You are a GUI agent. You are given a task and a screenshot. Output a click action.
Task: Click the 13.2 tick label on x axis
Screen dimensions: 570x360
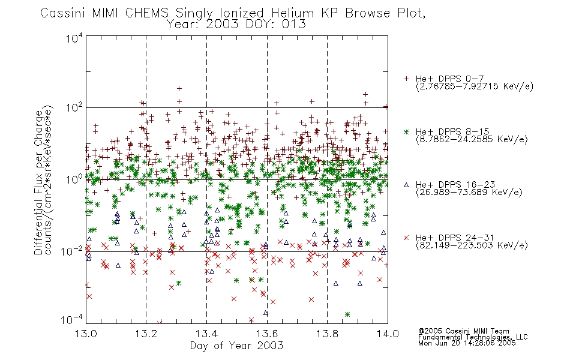tap(146, 334)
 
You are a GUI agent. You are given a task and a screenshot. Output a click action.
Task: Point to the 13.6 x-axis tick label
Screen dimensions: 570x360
tap(267, 334)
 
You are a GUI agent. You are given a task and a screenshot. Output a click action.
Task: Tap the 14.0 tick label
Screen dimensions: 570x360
tap(388, 334)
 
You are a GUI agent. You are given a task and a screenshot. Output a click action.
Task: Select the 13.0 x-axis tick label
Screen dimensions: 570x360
tap(86, 334)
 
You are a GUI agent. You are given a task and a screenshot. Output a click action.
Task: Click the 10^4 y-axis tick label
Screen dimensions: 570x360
tap(74, 38)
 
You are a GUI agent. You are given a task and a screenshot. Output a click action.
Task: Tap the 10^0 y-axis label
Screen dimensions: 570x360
tap(74, 179)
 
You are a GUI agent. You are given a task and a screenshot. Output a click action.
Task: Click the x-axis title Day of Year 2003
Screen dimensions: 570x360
tap(236, 346)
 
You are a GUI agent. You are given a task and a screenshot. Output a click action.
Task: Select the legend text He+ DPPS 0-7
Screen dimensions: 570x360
tap(449, 79)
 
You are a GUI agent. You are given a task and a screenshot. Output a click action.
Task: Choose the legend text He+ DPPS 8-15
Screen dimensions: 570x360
tap(452, 131)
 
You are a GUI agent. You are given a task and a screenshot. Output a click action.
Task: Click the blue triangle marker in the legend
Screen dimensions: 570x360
tap(406, 185)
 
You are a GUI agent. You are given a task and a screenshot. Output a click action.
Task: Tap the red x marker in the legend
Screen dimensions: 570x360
tap(406, 238)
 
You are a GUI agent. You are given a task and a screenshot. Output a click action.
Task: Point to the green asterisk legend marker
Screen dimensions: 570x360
tap(406, 132)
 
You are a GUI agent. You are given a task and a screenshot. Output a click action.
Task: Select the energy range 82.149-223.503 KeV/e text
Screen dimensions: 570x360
tap(472, 245)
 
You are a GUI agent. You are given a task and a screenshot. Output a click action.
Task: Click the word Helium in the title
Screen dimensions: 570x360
tap(292, 13)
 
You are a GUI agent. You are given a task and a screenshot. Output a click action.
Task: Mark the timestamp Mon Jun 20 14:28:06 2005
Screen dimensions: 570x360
tap(467, 343)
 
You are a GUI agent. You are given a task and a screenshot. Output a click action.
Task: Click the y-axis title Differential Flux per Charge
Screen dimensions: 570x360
tap(38, 182)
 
